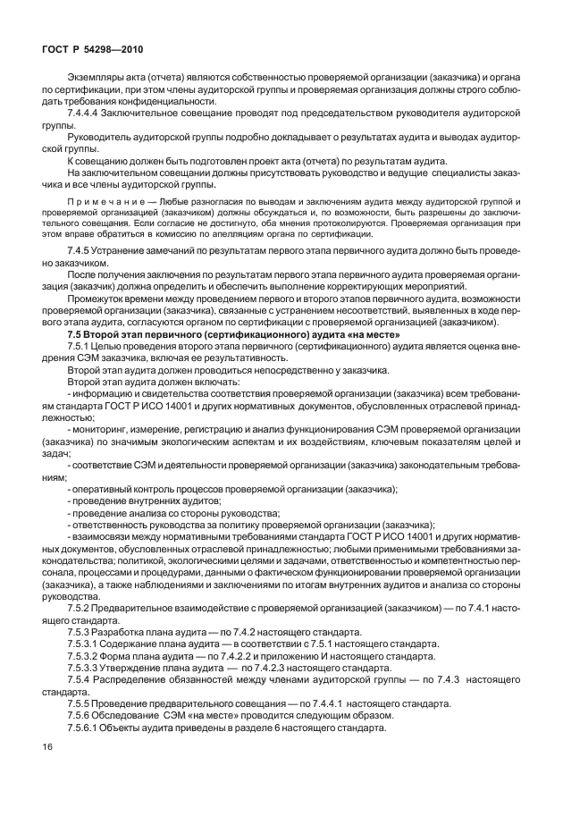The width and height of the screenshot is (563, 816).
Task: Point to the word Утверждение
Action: click(134, 668)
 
